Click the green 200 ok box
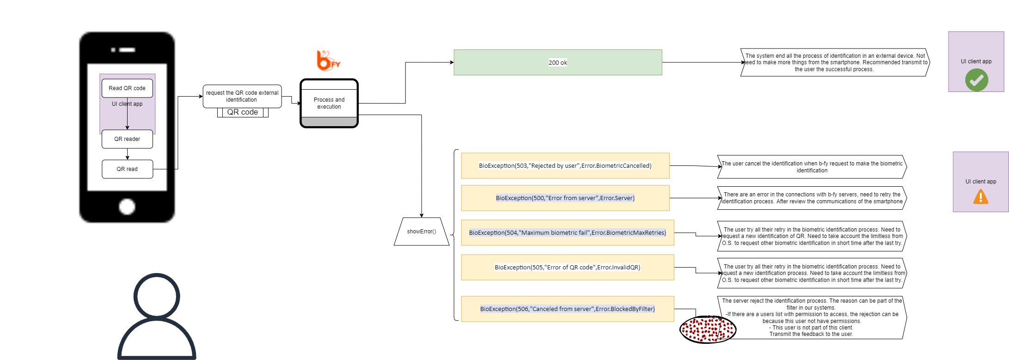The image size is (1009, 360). pyautogui.click(x=558, y=62)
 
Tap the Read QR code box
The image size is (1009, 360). pyautogui.click(x=127, y=88)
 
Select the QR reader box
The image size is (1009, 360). pyautogui.click(x=127, y=139)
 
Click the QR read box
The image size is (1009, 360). pyautogui.click(x=127, y=169)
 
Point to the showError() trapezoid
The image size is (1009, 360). pyautogui.click(x=422, y=232)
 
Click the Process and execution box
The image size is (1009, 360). pyautogui.click(x=329, y=103)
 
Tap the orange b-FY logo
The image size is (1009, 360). pyautogui.click(x=328, y=61)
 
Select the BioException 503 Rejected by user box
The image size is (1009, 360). pyautogui.click(x=565, y=165)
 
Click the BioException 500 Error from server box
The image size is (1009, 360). pyautogui.click(x=565, y=198)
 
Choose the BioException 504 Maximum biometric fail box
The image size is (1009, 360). pyautogui.click(x=568, y=232)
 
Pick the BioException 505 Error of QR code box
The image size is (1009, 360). pyautogui.click(x=568, y=267)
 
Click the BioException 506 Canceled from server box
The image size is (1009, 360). pyautogui.click(x=568, y=309)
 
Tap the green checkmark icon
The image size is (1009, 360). pyautogui.click(x=977, y=80)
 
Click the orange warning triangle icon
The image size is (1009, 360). pyautogui.click(x=981, y=197)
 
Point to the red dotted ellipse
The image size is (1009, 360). pyautogui.click(x=708, y=329)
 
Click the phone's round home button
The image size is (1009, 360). pyautogui.click(x=127, y=207)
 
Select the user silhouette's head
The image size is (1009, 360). pyautogui.click(x=157, y=296)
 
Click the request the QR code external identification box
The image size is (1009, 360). pyautogui.click(x=242, y=96)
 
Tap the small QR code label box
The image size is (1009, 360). pyautogui.click(x=243, y=112)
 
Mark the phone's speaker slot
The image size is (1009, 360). pyautogui.click(x=127, y=50)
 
